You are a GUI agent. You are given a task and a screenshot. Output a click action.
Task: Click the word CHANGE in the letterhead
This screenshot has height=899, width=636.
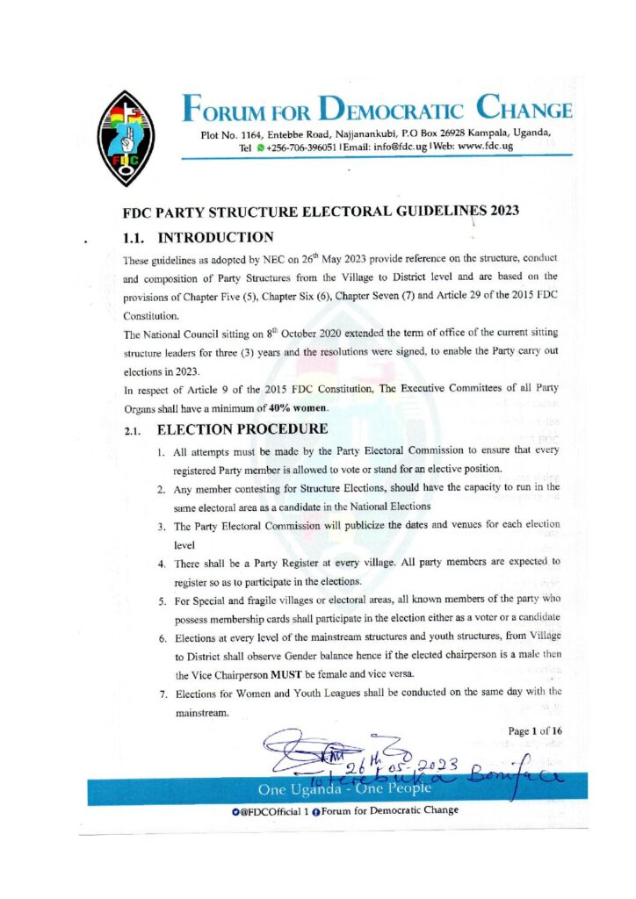[x=524, y=111]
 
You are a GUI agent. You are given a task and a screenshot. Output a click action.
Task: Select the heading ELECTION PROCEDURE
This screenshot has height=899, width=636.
[x=242, y=429]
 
